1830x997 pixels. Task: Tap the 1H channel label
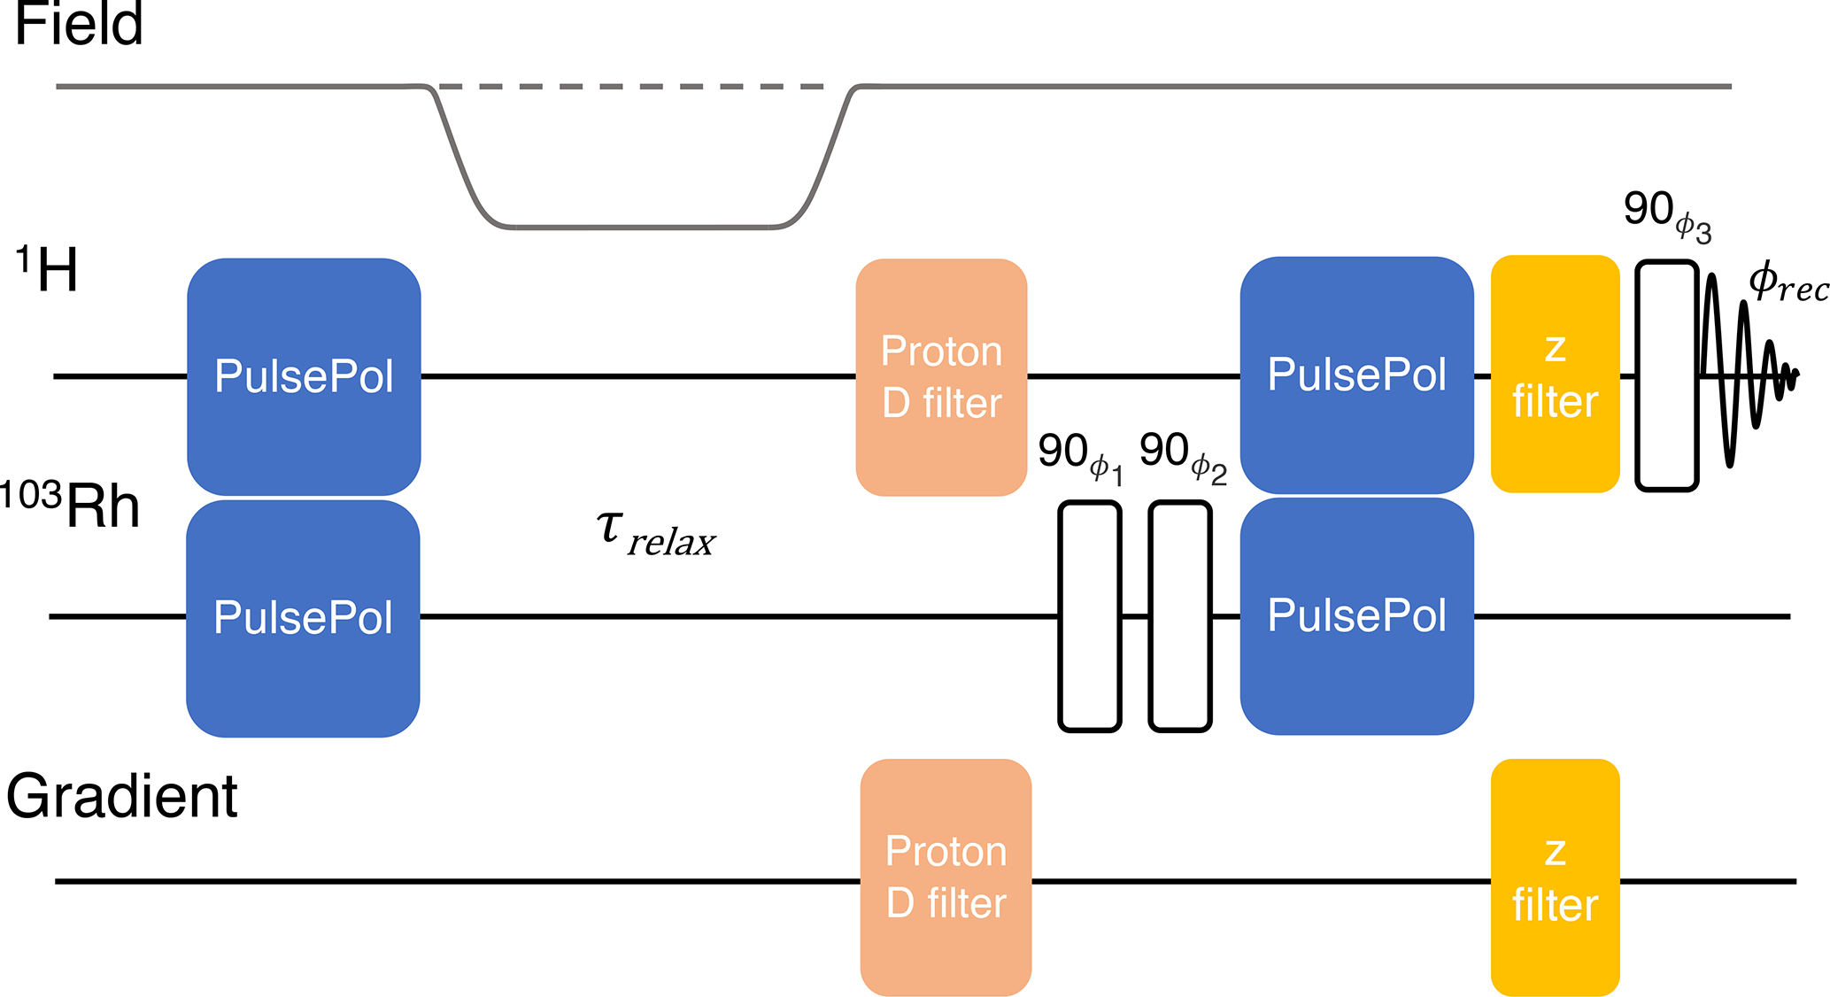(48, 269)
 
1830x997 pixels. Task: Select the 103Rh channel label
(71, 506)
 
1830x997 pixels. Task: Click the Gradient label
(122, 796)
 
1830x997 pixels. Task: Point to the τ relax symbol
(656, 534)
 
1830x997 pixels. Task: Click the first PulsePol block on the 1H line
(304, 376)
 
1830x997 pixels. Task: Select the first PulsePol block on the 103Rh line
(303, 618)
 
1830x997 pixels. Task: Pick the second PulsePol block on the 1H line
(1356, 375)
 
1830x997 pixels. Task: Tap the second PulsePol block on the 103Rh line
(1356, 616)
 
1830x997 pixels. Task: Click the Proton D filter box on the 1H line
(941, 377)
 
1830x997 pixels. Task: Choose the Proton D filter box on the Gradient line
(946, 877)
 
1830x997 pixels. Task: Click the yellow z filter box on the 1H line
(1555, 374)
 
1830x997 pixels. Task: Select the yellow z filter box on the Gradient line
(1555, 877)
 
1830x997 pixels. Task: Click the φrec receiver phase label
(1788, 283)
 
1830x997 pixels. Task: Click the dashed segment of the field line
(631, 87)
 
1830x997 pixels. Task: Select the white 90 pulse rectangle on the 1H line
(1666, 375)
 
